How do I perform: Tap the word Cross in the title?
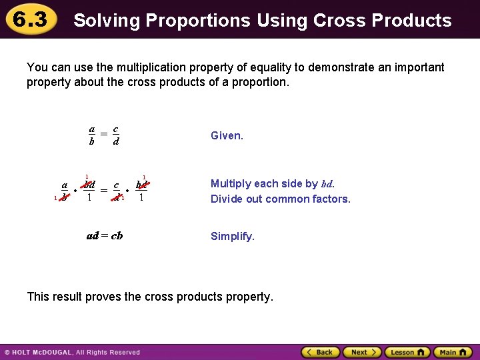pos(338,21)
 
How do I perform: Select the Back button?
pos(320,352)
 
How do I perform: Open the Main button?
pos(451,352)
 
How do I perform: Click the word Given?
pos(227,135)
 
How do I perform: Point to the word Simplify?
pos(232,236)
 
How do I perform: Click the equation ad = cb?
pos(105,236)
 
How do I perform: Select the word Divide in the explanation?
pos(227,199)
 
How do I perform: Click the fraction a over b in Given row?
pos(92,135)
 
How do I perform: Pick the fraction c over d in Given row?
pos(116,135)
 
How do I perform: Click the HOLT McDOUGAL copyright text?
pos(73,352)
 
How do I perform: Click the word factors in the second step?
pos(331,199)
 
